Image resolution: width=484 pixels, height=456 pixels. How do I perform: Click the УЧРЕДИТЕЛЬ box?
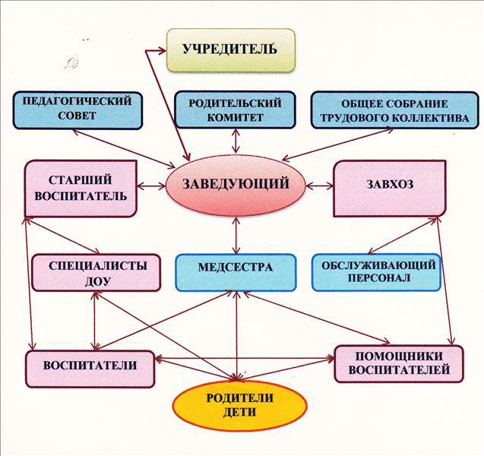pos(231,50)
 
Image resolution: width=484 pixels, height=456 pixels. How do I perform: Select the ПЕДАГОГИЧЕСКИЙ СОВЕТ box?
pos(78,110)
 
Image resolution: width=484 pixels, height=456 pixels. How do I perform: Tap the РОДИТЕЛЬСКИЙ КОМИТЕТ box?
pos(235,109)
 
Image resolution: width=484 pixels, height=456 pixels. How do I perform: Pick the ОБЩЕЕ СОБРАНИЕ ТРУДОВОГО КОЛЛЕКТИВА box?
pos(395,110)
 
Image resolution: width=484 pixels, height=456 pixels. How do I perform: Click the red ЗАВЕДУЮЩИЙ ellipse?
pos(236,185)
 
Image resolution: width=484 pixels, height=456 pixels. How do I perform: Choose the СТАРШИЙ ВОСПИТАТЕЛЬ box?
pos(81,188)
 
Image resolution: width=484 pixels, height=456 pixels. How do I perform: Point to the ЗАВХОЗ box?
pos(390,188)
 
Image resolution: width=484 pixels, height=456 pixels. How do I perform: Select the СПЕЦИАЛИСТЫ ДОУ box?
pos(96,273)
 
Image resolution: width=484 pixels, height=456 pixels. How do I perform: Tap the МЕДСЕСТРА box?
pos(236,272)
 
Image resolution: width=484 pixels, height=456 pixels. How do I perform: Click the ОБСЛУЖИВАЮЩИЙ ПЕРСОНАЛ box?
pos(376,272)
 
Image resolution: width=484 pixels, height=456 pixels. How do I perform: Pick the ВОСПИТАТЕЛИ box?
pos(90,369)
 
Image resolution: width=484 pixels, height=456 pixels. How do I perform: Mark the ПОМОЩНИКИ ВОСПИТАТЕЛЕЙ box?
pos(399,364)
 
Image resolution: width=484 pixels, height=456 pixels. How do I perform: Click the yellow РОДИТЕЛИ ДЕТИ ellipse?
pos(239,405)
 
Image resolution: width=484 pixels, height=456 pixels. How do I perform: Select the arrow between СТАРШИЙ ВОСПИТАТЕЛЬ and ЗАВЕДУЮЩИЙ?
pos(151,186)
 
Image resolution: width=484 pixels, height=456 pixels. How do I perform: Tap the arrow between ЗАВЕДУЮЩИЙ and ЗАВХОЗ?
pos(319,186)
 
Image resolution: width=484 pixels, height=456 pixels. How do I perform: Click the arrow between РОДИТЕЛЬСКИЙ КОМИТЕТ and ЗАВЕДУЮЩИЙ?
pos(236,141)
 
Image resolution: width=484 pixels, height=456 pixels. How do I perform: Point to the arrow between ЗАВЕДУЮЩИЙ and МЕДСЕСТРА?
pos(236,235)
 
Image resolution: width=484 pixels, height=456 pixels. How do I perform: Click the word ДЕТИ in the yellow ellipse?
pos(239,412)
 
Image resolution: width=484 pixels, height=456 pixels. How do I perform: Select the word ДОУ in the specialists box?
pos(97,281)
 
